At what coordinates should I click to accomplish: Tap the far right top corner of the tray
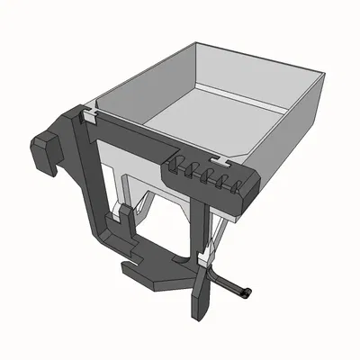(325, 80)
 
